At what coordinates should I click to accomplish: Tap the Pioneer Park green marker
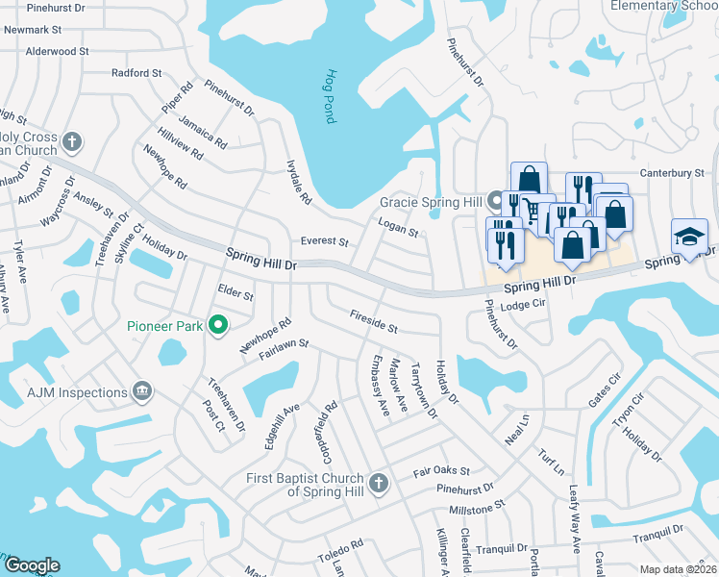(217, 326)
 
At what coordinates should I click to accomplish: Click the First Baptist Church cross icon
(379, 482)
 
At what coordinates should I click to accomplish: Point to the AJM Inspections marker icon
(142, 391)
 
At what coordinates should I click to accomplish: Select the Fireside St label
(374, 321)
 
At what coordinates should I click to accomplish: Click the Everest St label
(323, 242)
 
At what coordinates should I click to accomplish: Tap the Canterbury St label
(673, 173)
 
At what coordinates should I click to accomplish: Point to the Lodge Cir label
(523, 304)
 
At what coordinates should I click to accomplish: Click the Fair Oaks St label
(441, 472)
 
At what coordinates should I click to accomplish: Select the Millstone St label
(471, 504)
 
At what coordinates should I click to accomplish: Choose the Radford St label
(136, 73)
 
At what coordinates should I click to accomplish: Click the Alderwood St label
(58, 51)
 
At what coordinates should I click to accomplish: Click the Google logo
(32, 565)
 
